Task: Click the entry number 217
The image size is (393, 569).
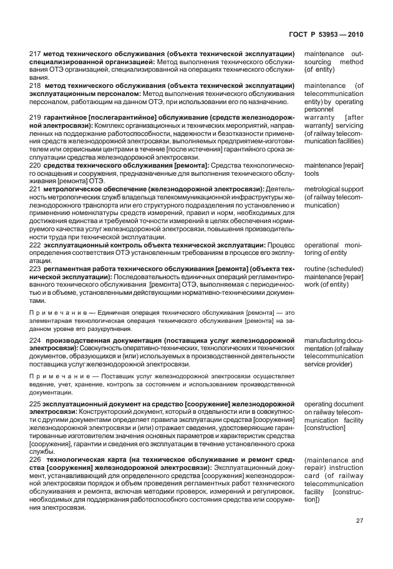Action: (36, 55)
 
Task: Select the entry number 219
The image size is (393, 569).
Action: (36, 117)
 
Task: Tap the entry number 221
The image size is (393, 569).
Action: (36, 189)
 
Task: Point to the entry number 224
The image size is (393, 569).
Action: (36, 339)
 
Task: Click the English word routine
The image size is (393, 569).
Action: (316, 269)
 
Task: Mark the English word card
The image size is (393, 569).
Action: (311, 476)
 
